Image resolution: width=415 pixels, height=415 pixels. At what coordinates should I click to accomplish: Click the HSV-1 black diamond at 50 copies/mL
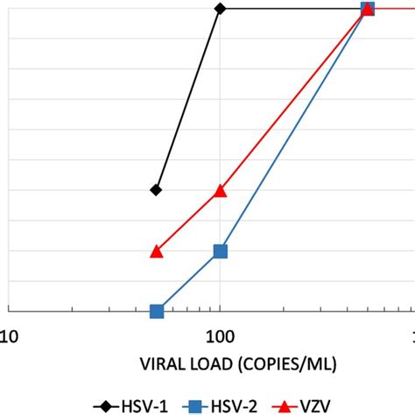pos(157,190)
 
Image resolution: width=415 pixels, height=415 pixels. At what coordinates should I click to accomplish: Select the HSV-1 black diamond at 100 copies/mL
pos(221,9)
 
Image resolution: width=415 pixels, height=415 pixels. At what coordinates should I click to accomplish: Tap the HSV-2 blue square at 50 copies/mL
pos(157,311)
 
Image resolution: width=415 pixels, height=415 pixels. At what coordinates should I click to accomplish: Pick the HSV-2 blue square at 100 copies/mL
pos(221,251)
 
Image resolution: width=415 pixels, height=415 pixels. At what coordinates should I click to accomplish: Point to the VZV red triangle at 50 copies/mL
pos(157,251)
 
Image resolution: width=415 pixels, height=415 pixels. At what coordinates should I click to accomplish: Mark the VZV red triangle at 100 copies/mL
pos(221,191)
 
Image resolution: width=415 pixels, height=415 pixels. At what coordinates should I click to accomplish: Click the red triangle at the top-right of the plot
pos(369,9)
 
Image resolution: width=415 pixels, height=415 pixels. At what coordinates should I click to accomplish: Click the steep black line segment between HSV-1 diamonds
pos(188,100)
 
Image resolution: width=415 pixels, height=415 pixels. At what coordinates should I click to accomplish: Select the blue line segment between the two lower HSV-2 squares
pos(188,281)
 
